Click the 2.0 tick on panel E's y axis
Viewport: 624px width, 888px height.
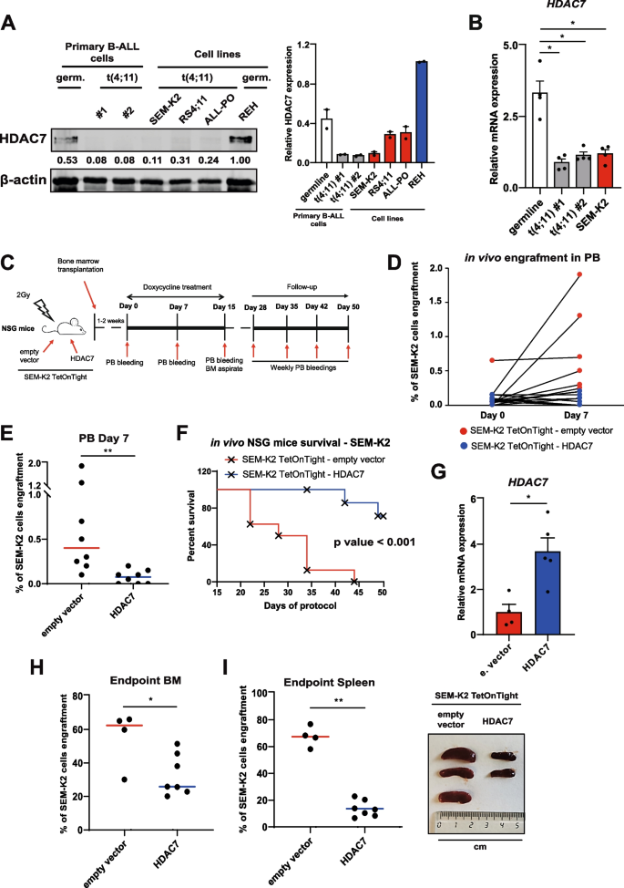[x=46, y=464]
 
